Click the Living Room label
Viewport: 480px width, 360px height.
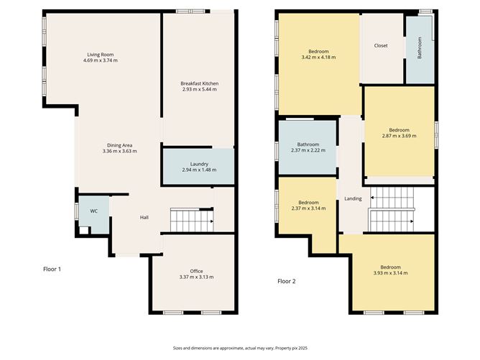coord(101,55)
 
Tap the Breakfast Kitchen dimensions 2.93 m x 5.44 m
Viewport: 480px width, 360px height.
coord(199,89)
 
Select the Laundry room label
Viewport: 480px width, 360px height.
coord(199,164)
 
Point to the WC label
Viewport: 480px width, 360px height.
coord(93,211)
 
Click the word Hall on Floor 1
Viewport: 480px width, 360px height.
coord(144,217)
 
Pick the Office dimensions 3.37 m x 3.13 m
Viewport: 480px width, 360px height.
coord(197,277)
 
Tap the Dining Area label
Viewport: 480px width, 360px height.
coord(120,145)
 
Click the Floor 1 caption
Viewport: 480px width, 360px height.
coord(52,269)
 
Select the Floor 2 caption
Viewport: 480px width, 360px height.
coord(287,282)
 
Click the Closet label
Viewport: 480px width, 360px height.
coord(381,45)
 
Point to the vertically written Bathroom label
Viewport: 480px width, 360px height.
coord(420,48)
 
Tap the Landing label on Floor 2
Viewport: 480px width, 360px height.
coord(353,198)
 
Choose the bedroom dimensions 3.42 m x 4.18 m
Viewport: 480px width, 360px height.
coord(318,57)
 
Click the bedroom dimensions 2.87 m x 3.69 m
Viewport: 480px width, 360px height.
coord(400,136)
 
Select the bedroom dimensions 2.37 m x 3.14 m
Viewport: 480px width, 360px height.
coord(308,208)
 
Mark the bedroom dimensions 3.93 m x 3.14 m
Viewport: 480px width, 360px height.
coord(391,273)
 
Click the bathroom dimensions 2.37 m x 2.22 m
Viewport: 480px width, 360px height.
coord(308,150)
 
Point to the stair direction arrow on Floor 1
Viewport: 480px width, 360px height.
coord(211,221)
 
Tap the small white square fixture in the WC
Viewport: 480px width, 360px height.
coord(84,230)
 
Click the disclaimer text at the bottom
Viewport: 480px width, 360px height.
coord(240,348)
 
